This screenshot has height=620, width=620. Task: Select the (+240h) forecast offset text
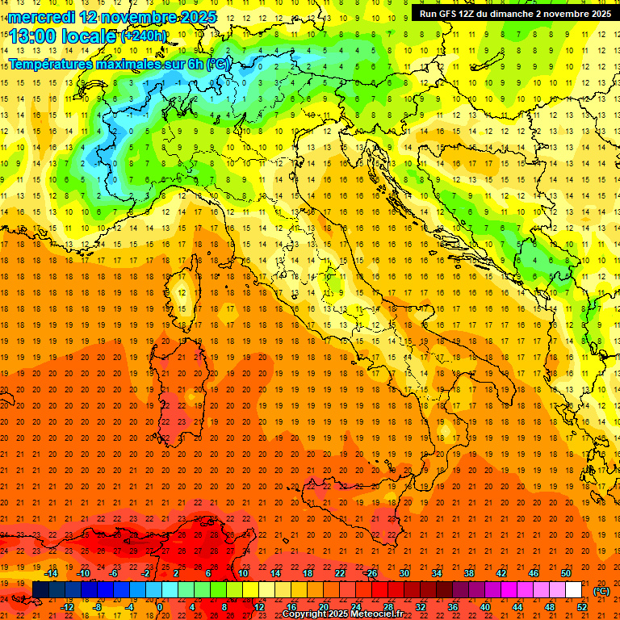pos(144,36)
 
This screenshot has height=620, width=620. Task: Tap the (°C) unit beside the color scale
pos(601,591)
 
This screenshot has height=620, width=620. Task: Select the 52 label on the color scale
pos(582,607)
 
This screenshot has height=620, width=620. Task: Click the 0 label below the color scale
pos(160,607)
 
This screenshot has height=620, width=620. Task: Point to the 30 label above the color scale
pos(404,573)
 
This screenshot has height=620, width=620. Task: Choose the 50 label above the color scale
pos(566,573)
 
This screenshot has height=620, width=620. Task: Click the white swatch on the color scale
pos(573,590)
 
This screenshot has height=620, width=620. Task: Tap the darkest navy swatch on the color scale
pos(40,590)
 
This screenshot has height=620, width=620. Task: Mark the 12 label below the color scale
pos(259,607)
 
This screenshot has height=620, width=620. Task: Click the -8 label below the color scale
pos(98,607)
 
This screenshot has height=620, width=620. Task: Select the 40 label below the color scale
pos(484,607)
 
